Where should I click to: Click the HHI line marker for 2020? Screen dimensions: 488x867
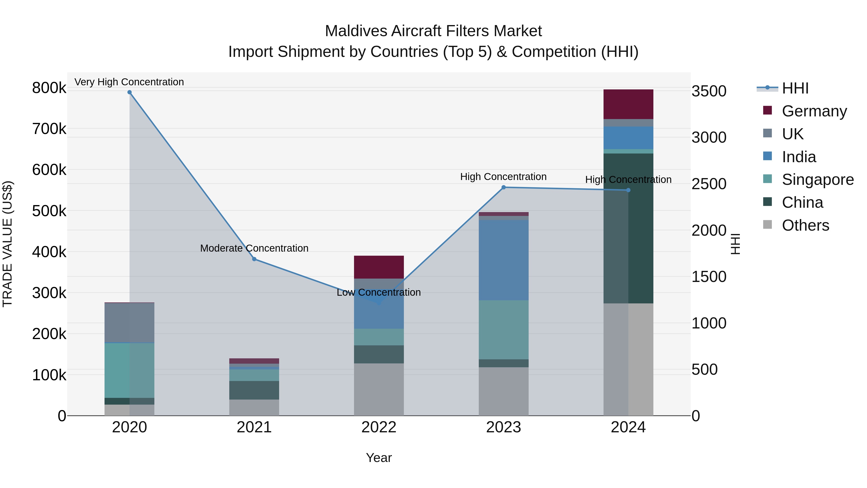click(x=130, y=92)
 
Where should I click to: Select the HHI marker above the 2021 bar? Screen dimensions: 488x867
click(x=254, y=259)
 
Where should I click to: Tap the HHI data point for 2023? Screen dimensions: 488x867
click(x=504, y=187)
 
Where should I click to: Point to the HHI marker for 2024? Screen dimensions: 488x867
click(x=628, y=190)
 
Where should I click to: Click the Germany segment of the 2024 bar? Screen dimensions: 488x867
click(x=628, y=104)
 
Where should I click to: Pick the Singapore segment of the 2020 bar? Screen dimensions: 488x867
click(x=130, y=370)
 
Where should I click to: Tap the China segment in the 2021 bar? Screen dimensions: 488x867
click(x=254, y=390)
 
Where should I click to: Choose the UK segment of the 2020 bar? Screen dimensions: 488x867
click(x=130, y=323)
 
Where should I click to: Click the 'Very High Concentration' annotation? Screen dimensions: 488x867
click(x=129, y=82)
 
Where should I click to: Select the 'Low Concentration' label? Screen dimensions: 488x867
click(x=379, y=292)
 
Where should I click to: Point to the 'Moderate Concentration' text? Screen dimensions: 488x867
click(x=254, y=248)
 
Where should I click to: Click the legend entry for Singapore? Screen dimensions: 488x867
click(x=818, y=180)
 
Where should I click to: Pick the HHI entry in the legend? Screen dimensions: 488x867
click(x=795, y=88)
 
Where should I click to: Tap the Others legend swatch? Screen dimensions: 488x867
click(x=767, y=225)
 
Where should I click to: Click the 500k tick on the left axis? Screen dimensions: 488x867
click(x=49, y=211)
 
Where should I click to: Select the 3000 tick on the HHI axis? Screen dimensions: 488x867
click(x=709, y=137)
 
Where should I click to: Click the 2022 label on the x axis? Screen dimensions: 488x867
click(x=379, y=427)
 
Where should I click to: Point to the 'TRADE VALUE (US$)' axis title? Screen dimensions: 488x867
click(x=7, y=244)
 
